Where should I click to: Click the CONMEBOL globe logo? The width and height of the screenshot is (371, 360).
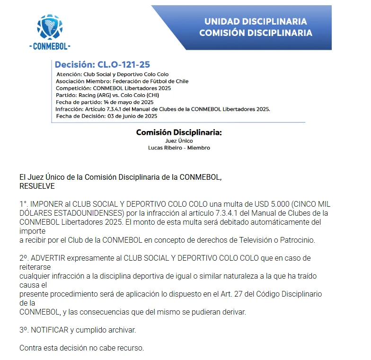(49, 27)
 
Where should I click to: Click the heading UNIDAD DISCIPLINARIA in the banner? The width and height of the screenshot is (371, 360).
(256, 22)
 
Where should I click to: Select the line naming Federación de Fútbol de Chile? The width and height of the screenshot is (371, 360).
(122, 81)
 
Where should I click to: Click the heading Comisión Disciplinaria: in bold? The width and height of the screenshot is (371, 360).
(179, 132)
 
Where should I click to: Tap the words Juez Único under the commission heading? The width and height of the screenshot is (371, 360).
(179, 140)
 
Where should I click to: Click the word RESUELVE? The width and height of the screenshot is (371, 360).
(37, 186)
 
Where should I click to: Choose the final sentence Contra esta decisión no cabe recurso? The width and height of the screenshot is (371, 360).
(81, 348)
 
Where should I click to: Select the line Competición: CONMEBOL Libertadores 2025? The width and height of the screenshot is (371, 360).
(113, 88)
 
